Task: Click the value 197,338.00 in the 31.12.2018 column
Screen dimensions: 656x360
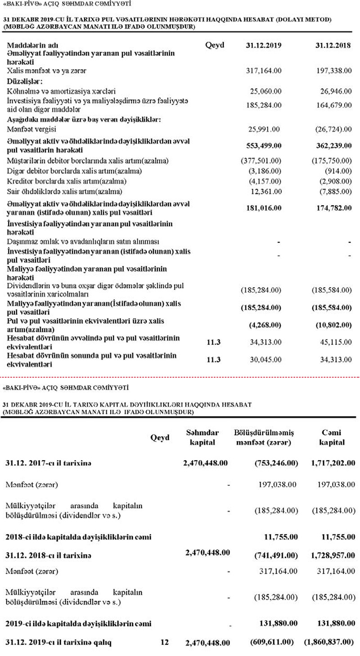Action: (331, 71)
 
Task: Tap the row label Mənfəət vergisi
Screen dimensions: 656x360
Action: (28, 129)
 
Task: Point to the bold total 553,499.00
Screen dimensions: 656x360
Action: (263, 146)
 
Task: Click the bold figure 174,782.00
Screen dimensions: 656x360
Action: (331, 208)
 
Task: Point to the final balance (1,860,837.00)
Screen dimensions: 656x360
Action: (330, 642)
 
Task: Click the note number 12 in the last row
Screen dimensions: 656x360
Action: (164, 642)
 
